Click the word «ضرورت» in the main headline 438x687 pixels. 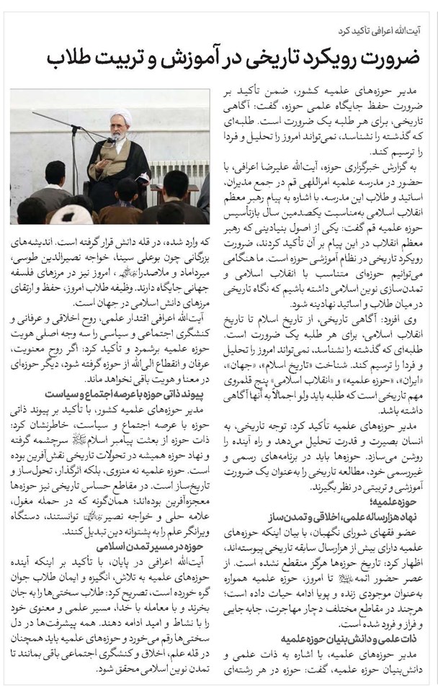pyautogui.click(x=393, y=58)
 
